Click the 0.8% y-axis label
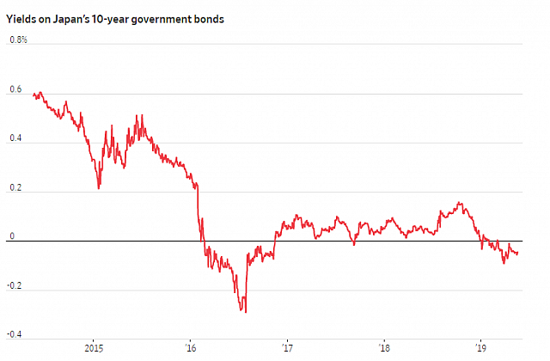tap(17, 40)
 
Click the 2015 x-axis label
tap(95, 348)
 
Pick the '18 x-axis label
tap(384, 348)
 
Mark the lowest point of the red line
tap(246, 312)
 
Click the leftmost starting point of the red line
tap(32, 95)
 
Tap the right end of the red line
tap(518, 253)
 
